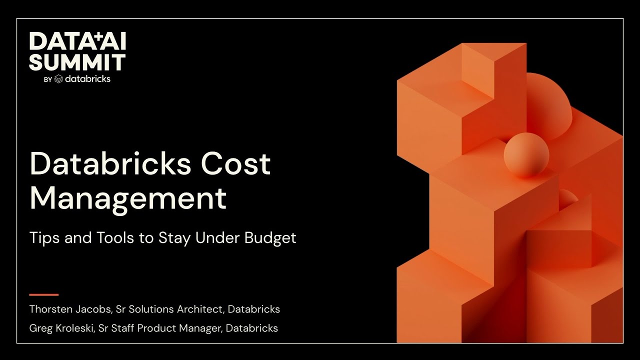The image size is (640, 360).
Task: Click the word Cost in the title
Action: click(x=235, y=163)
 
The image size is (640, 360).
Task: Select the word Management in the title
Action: click(x=128, y=197)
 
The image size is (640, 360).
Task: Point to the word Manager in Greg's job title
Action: click(x=200, y=328)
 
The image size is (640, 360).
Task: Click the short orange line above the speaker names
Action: click(x=44, y=294)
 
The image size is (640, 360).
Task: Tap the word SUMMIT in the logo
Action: click(x=77, y=62)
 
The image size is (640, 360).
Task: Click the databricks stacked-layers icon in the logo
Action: click(x=58, y=79)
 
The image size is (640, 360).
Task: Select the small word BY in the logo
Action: click(x=47, y=79)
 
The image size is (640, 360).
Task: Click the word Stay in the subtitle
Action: click(x=174, y=238)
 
